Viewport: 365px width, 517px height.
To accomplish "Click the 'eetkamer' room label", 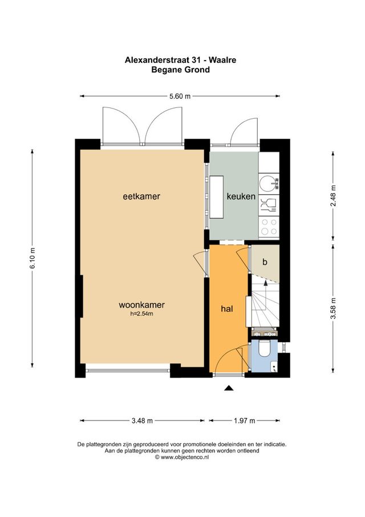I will point(141,197).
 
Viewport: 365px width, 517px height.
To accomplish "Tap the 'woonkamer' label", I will point(142,304).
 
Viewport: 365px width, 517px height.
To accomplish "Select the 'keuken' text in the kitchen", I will point(241,197).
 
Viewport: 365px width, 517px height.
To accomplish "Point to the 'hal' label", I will point(226,308).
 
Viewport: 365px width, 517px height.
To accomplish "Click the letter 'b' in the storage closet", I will point(265,262).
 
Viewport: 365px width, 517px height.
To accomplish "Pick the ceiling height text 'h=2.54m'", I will point(142,314).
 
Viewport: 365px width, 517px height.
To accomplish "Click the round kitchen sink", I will point(267,183).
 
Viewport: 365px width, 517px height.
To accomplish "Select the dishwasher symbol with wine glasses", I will point(267,203).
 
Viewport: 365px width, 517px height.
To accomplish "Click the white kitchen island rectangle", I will point(217,197).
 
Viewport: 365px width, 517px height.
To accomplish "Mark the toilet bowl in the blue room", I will point(265,350).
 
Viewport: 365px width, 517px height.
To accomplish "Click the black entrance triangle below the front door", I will point(229,388).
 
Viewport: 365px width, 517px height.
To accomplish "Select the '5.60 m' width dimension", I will point(180,97).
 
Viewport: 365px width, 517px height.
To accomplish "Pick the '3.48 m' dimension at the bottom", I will point(142,421).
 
